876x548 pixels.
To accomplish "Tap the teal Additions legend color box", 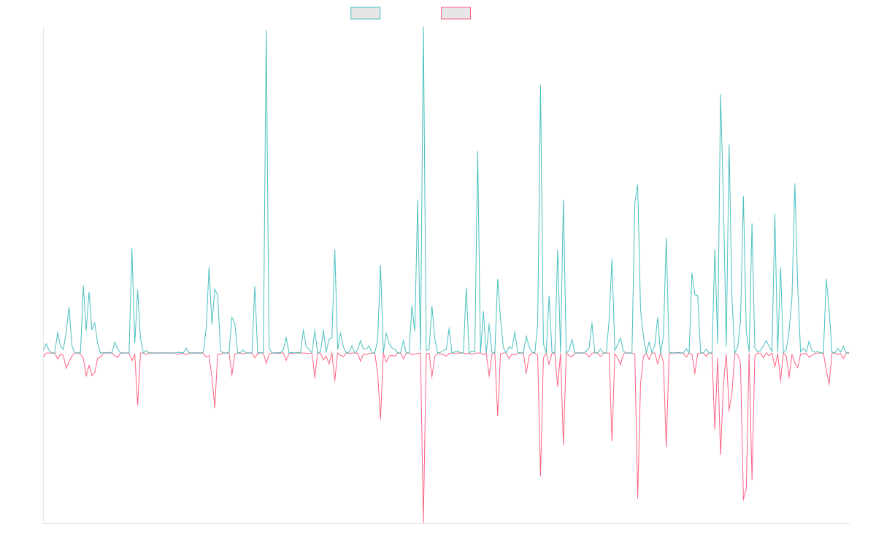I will coord(366,13).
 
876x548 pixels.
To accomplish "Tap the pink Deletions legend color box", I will coord(456,13).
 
